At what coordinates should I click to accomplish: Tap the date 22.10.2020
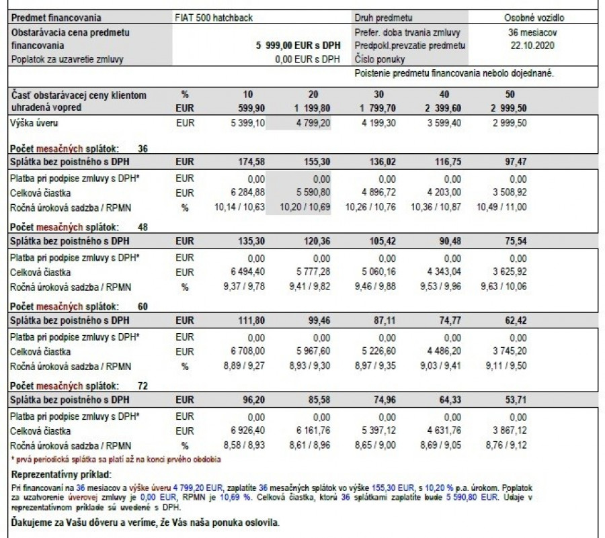click(x=533, y=46)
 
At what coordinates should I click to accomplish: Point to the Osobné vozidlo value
click(x=534, y=17)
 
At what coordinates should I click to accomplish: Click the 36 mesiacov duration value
click(x=533, y=32)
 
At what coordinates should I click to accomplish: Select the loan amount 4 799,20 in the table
click(x=311, y=124)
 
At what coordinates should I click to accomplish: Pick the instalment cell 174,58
click(x=248, y=163)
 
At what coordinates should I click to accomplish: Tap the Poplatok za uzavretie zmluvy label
click(x=69, y=59)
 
